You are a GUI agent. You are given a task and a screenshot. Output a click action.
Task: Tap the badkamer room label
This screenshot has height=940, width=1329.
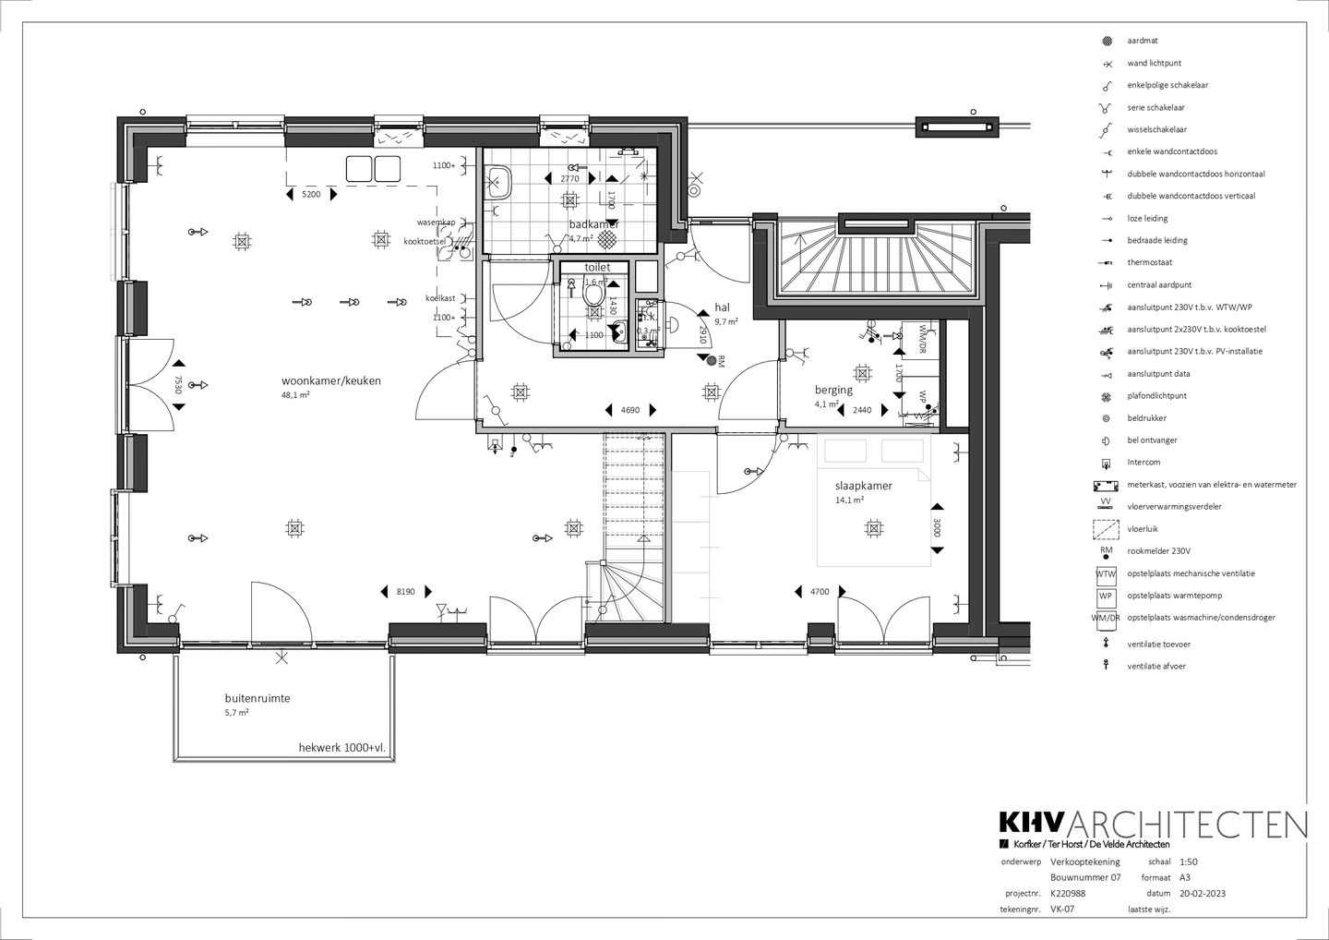tap(593, 224)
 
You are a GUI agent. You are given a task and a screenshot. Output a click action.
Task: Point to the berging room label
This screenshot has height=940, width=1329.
tap(832, 390)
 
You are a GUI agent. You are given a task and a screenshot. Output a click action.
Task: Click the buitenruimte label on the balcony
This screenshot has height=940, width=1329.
tap(257, 698)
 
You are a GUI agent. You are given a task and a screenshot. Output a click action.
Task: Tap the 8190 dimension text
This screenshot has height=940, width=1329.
tap(406, 591)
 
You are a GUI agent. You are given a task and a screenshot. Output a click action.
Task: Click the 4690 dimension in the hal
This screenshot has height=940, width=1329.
tap(630, 410)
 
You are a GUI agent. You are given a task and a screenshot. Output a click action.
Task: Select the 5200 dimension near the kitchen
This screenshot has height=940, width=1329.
tap(311, 195)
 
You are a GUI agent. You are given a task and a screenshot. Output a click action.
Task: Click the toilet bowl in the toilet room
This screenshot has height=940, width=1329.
tap(593, 295)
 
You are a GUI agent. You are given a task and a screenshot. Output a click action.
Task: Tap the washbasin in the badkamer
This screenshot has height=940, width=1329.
tap(499, 183)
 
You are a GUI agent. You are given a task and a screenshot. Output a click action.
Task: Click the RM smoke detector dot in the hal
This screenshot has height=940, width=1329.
tap(711, 361)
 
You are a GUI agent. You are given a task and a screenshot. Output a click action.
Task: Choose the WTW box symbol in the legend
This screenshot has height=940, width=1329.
tap(1105, 573)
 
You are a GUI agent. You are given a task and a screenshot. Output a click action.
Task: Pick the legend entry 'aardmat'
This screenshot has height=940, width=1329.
tap(1143, 41)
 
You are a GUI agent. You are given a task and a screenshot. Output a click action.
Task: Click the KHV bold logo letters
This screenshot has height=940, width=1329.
tap(1033, 825)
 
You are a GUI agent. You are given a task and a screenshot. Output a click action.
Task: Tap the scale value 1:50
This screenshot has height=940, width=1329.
tap(1189, 862)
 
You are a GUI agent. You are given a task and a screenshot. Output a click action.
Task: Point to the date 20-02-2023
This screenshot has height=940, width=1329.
tap(1203, 894)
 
